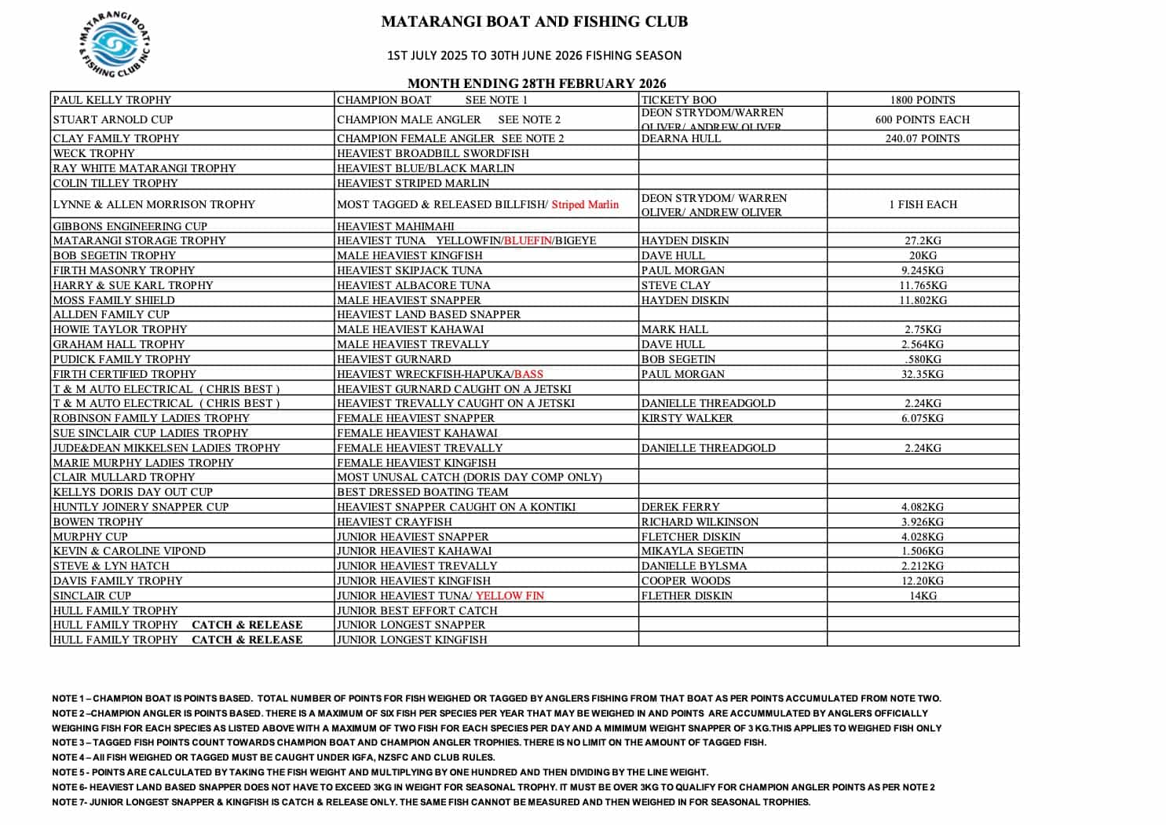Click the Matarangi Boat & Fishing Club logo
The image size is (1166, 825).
pos(115,46)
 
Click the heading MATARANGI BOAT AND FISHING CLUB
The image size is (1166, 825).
pos(534,22)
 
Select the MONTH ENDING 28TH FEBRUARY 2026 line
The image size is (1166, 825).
pos(536,83)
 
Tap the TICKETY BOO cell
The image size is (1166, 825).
pos(679,100)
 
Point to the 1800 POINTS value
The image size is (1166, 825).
pos(923,100)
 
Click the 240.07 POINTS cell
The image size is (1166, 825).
pos(923,138)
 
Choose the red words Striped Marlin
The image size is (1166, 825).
pos(585,204)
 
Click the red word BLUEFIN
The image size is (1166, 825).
pos(528,240)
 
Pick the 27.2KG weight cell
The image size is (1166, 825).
pos(923,240)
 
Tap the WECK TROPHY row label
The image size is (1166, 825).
pos(94,153)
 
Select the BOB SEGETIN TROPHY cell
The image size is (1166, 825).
pos(115,255)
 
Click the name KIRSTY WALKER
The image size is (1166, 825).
pos(687,418)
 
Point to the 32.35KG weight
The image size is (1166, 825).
pos(923,374)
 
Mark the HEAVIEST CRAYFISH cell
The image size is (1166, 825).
pos(394,522)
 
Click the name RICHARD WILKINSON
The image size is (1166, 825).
pos(700,522)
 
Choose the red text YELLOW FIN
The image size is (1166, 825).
pos(510,596)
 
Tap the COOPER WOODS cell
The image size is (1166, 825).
pos(685,581)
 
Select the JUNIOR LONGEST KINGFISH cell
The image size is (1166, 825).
pos(412,640)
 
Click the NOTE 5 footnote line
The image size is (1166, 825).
pos(380,772)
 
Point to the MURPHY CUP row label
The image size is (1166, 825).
pos(90,537)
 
